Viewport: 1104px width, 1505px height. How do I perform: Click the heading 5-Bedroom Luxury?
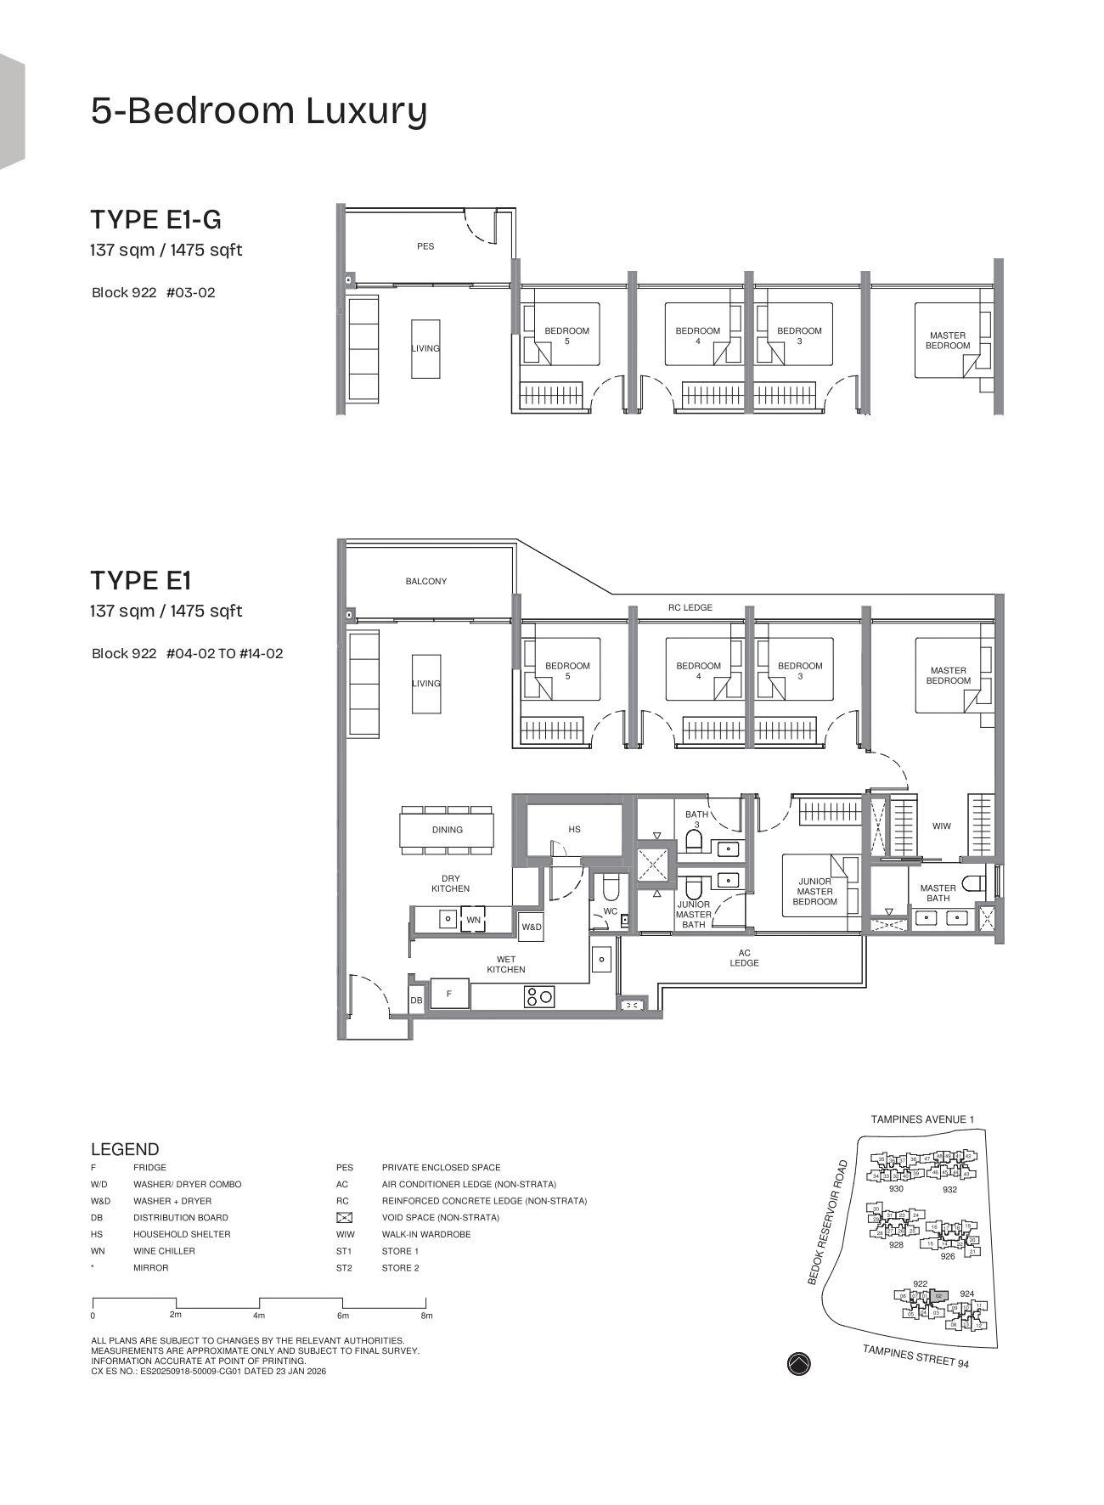pyautogui.click(x=259, y=111)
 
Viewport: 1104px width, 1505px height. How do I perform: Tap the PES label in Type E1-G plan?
pyautogui.click(x=425, y=246)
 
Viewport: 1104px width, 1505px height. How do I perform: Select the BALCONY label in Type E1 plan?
pyautogui.click(x=425, y=582)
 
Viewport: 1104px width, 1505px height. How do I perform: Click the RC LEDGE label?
pyautogui.click(x=690, y=608)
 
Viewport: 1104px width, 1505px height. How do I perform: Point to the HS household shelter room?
pyautogui.click(x=575, y=829)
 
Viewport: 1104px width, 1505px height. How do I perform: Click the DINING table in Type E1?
pyautogui.click(x=448, y=830)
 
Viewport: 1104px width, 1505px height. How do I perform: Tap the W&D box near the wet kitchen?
pyautogui.click(x=532, y=927)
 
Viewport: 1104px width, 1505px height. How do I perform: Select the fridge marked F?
pyautogui.click(x=449, y=993)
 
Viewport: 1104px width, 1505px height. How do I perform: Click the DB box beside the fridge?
pyautogui.click(x=416, y=1001)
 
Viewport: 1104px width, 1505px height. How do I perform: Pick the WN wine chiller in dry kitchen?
pyautogui.click(x=473, y=920)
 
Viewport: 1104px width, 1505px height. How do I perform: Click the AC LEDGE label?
pyautogui.click(x=744, y=958)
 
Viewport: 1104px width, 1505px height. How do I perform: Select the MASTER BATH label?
pyautogui.click(x=938, y=893)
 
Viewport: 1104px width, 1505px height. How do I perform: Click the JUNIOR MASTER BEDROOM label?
pyautogui.click(x=814, y=892)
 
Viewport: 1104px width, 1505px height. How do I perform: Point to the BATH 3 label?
pyautogui.click(x=696, y=820)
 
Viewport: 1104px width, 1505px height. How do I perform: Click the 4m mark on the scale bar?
pyautogui.click(x=259, y=1316)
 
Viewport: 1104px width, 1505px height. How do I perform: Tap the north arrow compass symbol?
pyautogui.click(x=799, y=1364)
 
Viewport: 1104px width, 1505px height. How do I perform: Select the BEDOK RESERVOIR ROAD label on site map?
pyautogui.click(x=827, y=1222)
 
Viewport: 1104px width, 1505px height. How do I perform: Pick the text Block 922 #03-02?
pyautogui.click(x=154, y=293)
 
